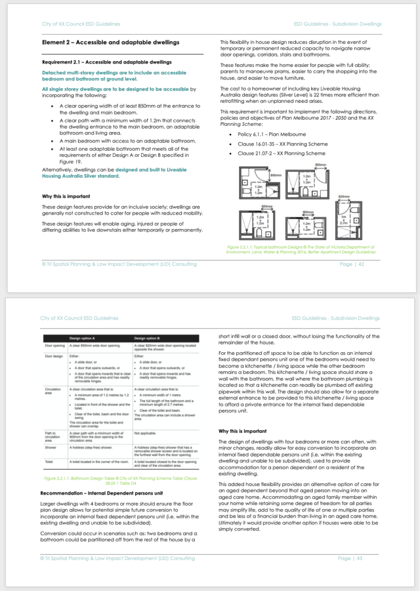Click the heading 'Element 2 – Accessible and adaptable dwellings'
click(110, 42)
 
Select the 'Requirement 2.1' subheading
click(107, 62)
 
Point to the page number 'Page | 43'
click(351, 558)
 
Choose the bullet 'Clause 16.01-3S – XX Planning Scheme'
click(278, 144)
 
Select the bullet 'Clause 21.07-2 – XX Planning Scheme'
click(278, 154)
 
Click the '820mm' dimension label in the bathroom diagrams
click(344, 197)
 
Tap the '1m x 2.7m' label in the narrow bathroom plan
click(345, 218)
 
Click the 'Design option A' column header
click(83, 338)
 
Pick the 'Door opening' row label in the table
click(54, 346)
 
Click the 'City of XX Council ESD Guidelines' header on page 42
click(81, 24)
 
